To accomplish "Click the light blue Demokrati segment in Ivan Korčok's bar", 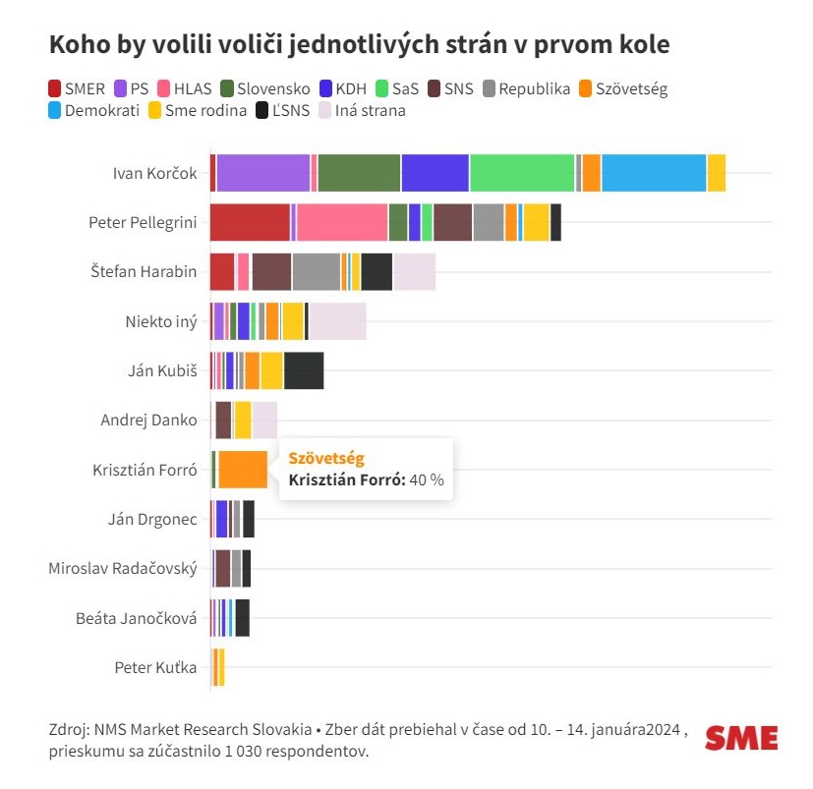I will pos(654,173).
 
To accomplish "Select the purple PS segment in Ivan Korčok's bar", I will pos(263,173).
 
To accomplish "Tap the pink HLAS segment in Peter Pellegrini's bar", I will pos(342,222).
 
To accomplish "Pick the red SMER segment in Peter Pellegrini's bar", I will pos(250,222).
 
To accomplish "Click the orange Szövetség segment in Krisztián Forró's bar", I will pos(242,470).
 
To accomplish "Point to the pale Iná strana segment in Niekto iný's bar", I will pos(337,321).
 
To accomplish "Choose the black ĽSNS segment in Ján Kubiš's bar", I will pos(304,370).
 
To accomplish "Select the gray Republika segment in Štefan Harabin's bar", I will pos(316,272).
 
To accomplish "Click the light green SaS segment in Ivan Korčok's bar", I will pos(522,173).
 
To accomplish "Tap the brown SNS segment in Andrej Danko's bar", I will pos(223,421).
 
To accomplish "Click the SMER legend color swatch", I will pos(55,89).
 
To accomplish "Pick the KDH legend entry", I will pos(342,89).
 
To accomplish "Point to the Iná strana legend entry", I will pos(363,111).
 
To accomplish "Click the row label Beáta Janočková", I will pos(136,618).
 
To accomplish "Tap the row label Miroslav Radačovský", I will pos(123,569).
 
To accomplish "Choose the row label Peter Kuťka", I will pos(155,668).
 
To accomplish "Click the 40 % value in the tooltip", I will pos(427,479).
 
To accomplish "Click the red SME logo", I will pos(741,738).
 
